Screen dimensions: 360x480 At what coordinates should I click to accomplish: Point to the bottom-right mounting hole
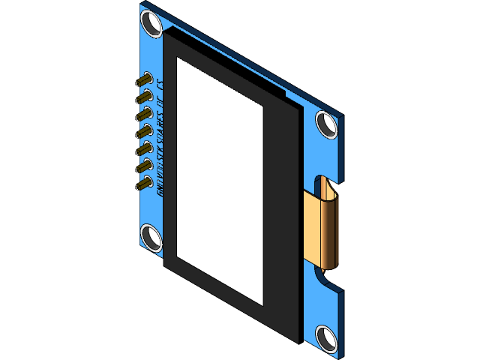tap(327, 337)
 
